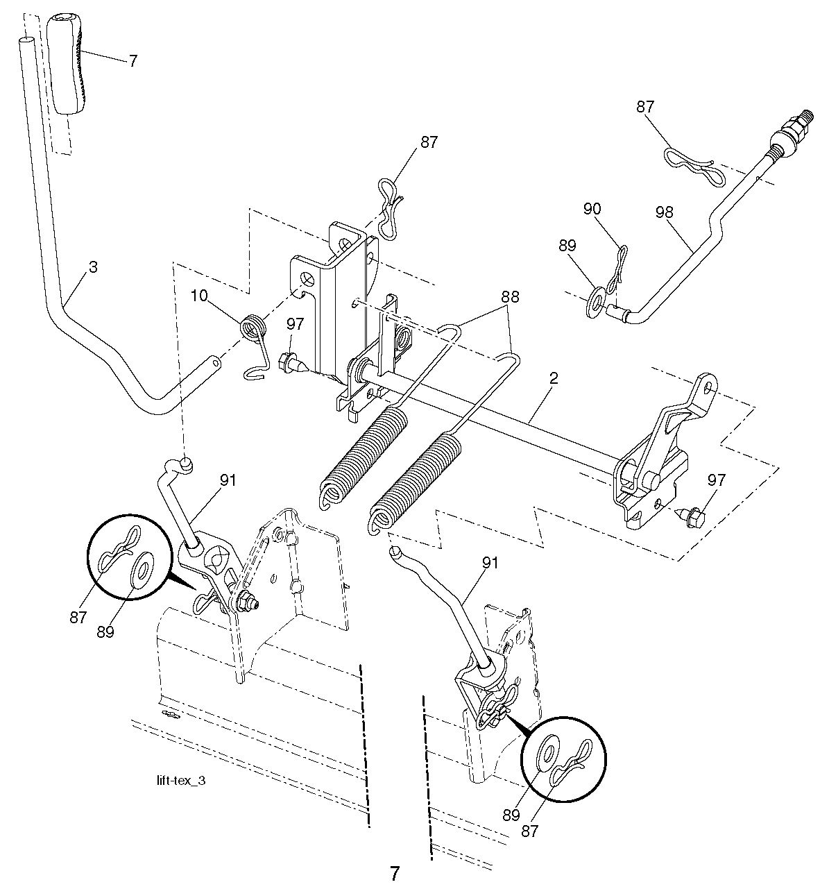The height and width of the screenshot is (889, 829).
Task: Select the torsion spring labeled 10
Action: click(x=254, y=328)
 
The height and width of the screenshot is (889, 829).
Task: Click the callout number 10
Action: click(x=199, y=296)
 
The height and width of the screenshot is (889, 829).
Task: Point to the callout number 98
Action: click(x=664, y=212)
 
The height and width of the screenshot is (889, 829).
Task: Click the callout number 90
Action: click(x=592, y=209)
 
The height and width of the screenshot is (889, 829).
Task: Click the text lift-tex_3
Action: click(x=181, y=780)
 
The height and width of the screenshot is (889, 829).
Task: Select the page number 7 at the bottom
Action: click(x=395, y=872)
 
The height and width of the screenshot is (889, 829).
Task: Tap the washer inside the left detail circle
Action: click(x=144, y=570)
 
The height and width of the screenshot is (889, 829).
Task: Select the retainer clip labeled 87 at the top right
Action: click(x=690, y=162)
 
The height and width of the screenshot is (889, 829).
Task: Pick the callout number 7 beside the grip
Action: click(x=133, y=60)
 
